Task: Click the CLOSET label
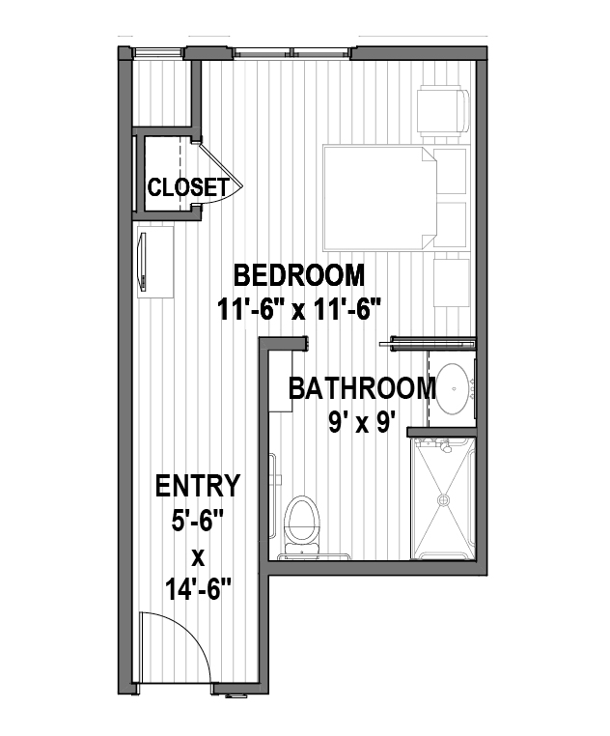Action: (x=188, y=187)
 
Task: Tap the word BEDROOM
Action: (x=299, y=275)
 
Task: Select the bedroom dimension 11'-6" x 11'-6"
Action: (x=298, y=309)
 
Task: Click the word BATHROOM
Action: (x=362, y=388)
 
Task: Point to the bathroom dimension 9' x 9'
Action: (x=359, y=423)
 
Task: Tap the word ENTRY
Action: (x=198, y=486)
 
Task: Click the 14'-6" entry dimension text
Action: (x=199, y=589)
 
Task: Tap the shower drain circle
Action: (x=443, y=500)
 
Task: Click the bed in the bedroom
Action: (x=379, y=198)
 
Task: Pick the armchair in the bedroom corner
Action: (x=443, y=111)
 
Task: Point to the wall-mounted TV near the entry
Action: (x=142, y=262)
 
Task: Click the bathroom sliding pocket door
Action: (x=427, y=343)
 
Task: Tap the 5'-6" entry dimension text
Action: (x=197, y=521)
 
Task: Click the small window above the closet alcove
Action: (x=157, y=52)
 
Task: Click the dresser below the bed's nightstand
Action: (x=452, y=283)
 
